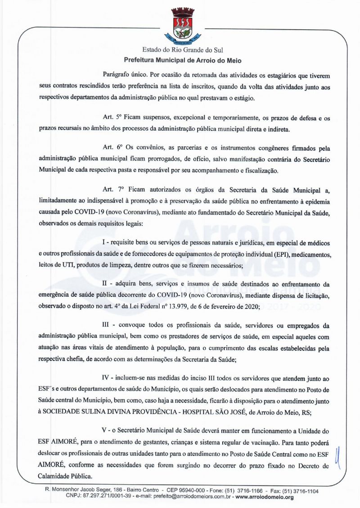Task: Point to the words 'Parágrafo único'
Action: (119, 73)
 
